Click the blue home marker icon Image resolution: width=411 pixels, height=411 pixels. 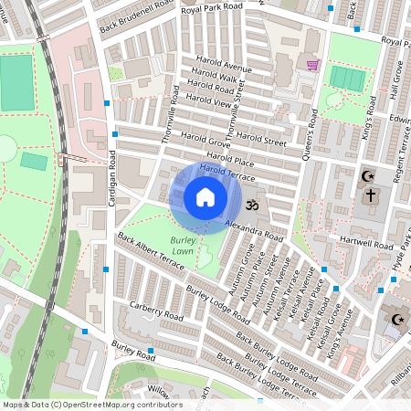tap(205, 197)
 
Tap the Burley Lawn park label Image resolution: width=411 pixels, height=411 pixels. tap(183, 245)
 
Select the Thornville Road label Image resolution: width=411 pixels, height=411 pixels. tap(168, 114)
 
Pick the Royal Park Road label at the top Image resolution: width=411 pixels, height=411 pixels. tap(212, 8)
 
